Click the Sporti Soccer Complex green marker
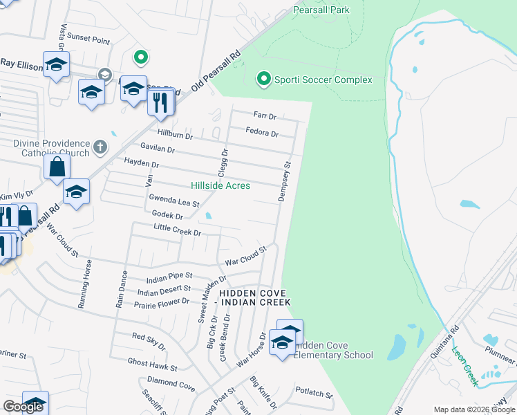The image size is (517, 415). click(x=263, y=80)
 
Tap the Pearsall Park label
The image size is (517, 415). click(x=321, y=10)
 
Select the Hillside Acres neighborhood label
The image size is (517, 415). click(x=220, y=185)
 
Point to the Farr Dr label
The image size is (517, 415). click(x=265, y=116)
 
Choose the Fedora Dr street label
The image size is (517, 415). click(x=262, y=133)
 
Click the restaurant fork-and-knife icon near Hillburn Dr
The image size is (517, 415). click(x=160, y=102)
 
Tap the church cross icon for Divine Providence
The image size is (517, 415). click(x=100, y=146)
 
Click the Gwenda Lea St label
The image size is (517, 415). click(x=174, y=201)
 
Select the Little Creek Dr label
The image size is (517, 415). click(x=177, y=230)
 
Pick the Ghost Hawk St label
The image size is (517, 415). click(x=152, y=364)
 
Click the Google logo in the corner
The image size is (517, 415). click(x=23, y=406)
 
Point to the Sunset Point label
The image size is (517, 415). click(x=90, y=41)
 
